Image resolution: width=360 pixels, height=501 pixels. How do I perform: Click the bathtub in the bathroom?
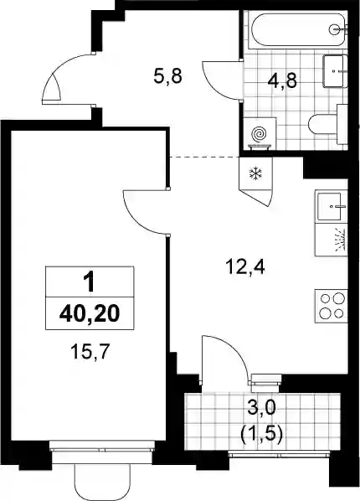tap(298, 30)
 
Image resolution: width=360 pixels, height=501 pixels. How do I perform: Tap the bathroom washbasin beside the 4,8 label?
tap(335, 71)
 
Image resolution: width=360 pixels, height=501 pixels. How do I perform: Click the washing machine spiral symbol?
tap(259, 134)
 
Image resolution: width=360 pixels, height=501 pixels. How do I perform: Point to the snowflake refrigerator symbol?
tap(255, 173)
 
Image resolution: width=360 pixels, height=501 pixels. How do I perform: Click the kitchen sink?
tap(331, 207)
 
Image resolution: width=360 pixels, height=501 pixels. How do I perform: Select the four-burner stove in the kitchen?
tap(332, 306)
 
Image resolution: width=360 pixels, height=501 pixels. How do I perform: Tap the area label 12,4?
tap(245, 266)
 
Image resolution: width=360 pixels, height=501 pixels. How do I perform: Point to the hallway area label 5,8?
tap(167, 77)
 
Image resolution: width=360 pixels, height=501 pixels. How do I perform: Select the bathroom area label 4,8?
tap(282, 80)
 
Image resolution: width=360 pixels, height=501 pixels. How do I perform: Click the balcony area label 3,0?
tap(261, 409)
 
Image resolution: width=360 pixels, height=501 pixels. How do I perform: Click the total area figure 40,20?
tap(90, 313)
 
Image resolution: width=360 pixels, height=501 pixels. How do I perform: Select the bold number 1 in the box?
tap(89, 281)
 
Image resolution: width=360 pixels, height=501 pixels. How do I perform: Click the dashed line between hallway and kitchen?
tap(204, 158)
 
